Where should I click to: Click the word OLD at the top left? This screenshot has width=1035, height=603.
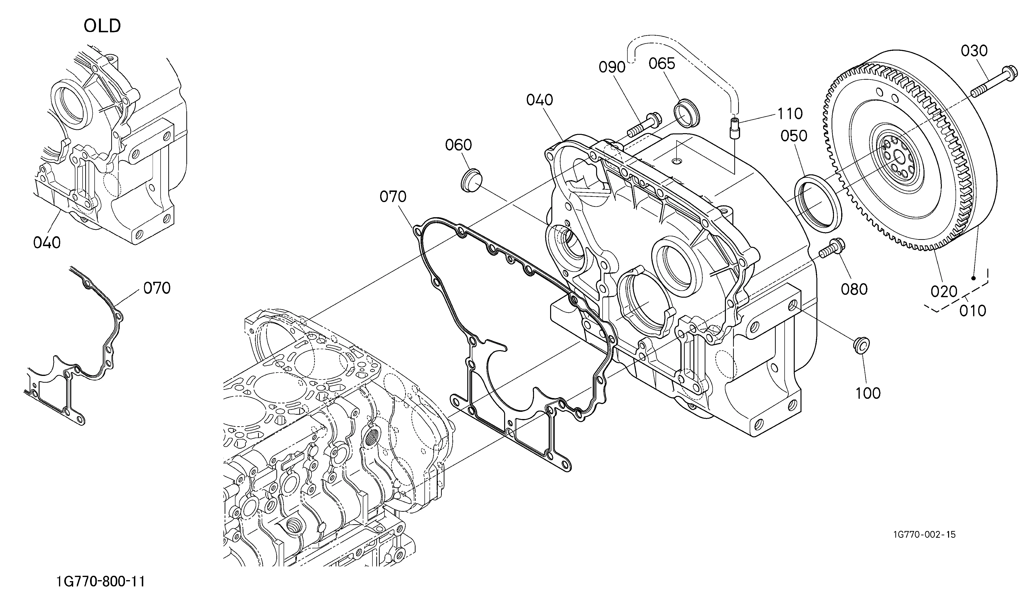pos(102,26)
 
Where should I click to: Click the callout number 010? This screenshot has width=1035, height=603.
pos(973,311)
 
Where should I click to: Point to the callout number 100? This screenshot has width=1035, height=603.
pos(868,393)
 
